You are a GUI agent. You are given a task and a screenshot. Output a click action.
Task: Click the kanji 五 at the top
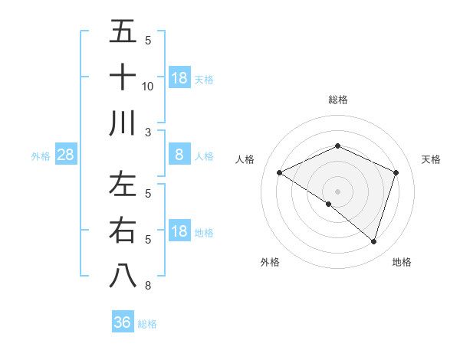(123, 33)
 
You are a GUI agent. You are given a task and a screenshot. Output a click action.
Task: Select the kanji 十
(123, 77)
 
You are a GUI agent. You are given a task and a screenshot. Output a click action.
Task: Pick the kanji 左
(123, 186)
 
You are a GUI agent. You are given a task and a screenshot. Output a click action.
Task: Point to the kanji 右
(123, 230)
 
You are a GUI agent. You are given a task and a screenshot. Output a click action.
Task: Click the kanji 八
(123, 275)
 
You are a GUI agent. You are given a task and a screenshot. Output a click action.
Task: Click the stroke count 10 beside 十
(148, 86)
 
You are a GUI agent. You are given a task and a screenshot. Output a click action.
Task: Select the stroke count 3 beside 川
(148, 131)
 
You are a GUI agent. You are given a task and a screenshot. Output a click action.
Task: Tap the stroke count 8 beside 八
(148, 286)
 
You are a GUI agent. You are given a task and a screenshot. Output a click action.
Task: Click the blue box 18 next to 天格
(179, 77)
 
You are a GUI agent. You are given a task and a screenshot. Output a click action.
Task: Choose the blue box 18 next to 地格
(179, 231)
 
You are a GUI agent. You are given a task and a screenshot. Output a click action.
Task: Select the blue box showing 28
(65, 155)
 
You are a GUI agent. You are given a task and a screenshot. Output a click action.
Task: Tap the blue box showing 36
(122, 322)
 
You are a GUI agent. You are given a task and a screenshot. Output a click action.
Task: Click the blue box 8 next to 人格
(179, 155)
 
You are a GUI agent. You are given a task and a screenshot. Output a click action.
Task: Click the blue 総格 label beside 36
(147, 324)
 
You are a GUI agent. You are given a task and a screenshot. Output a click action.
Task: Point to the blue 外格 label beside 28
(41, 156)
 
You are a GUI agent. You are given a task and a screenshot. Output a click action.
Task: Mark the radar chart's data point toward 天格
(396, 173)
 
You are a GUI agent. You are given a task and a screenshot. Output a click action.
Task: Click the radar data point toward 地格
(373, 241)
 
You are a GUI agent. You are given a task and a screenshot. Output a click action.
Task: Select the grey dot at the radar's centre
(337, 191)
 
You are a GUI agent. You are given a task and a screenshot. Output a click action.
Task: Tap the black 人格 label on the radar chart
(245, 159)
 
